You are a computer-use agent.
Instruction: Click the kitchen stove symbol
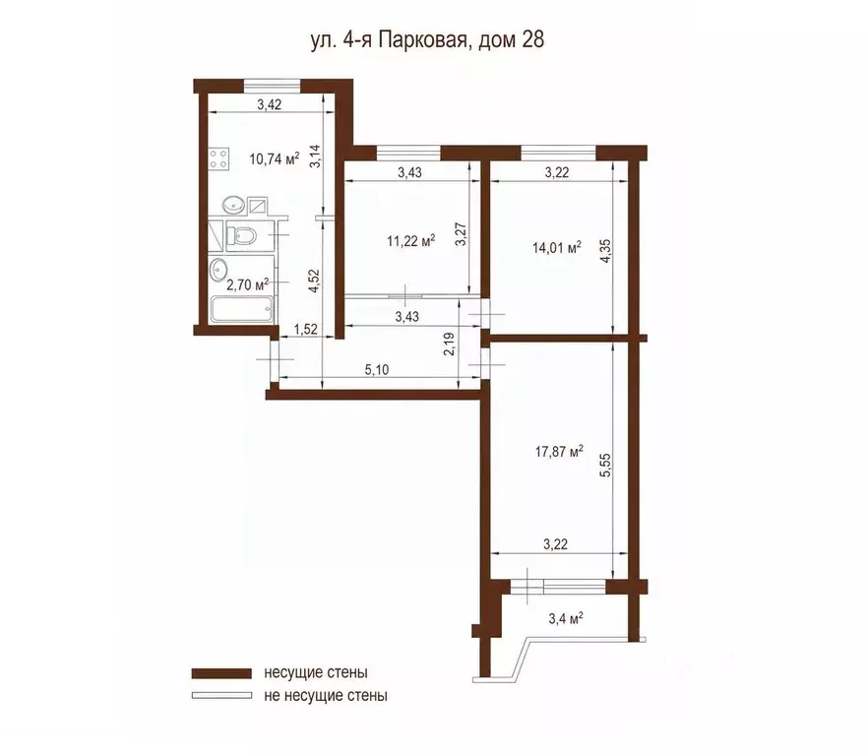[x=219, y=158]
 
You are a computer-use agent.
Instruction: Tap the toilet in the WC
[x=242, y=236]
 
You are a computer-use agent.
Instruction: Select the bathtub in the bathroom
[x=242, y=310]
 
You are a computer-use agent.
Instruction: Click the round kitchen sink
[x=233, y=205]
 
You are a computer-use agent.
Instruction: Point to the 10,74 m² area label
[x=275, y=159]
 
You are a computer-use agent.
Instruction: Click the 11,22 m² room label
[x=410, y=241]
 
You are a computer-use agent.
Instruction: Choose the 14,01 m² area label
[x=556, y=247]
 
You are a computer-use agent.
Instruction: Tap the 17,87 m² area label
[x=559, y=452]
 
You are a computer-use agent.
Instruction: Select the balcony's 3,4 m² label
[x=566, y=618]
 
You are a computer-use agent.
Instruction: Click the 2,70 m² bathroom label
[x=247, y=284]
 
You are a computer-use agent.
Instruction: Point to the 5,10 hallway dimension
[x=377, y=370]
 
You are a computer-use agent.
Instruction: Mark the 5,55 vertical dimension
[x=605, y=465]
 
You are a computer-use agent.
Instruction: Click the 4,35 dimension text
[x=605, y=251]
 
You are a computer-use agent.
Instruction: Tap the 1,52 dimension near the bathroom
[x=306, y=329]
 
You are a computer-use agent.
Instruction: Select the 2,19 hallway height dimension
[x=449, y=344]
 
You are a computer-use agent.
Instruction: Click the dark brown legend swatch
[x=221, y=673]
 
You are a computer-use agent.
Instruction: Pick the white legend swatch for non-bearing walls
[x=221, y=695]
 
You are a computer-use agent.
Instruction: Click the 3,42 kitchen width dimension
[x=270, y=104]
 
